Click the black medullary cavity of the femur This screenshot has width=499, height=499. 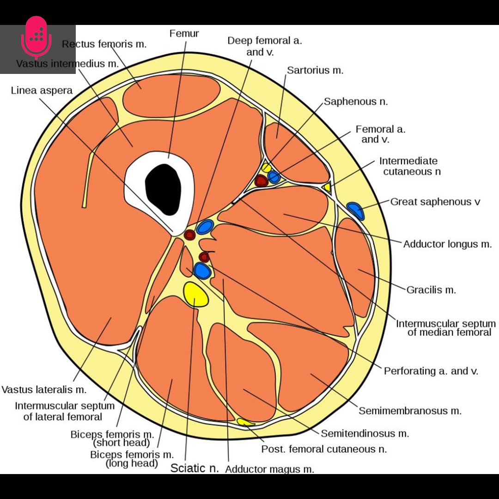pyautogui.click(x=163, y=189)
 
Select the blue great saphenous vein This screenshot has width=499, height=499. pyautogui.click(x=355, y=210)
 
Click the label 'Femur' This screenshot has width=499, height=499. pyautogui.click(x=184, y=33)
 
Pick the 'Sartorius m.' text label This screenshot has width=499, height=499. pyautogui.click(x=315, y=70)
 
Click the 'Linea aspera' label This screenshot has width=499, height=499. pyautogui.click(x=42, y=91)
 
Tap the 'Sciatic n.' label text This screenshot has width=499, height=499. pyautogui.click(x=195, y=468)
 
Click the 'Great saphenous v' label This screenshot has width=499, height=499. pyautogui.click(x=435, y=202)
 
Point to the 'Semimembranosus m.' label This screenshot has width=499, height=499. pyautogui.click(x=410, y=411)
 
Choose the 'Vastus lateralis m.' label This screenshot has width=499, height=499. pyautogui.click(x=44, y=389)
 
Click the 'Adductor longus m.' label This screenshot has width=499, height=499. pyautogui.click(x=447, y=244)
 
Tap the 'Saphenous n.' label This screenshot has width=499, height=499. pyautogui.click(x=356, y=102)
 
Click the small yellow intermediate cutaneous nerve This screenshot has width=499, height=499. pyautogui.click(x=327, y=187)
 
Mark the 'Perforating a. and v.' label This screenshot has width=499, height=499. pyautogui.click(x=431, y=371)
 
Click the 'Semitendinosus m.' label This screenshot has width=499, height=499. pyautogui.click(x=365, y=433)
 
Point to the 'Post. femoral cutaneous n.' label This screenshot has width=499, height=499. pyautogui.click(x=324, y=449)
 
